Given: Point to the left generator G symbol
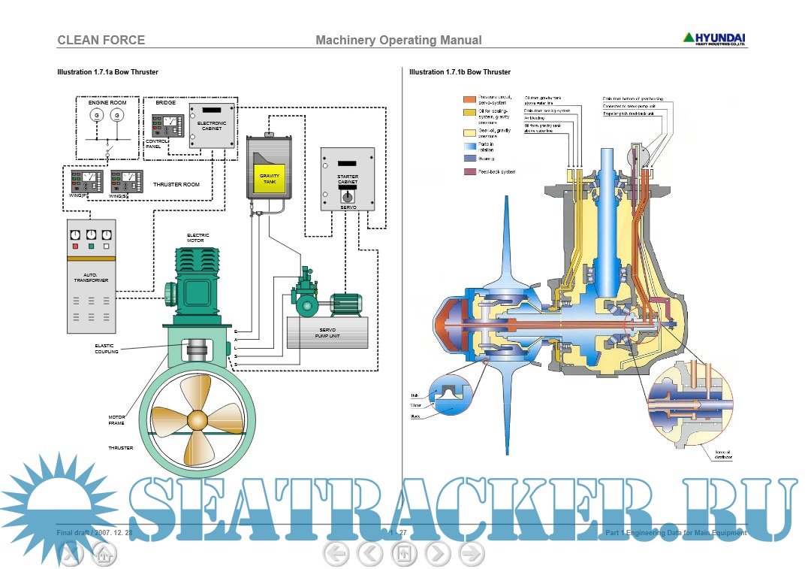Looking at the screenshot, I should (x=96, y=115).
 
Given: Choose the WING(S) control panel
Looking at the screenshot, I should (x=126, y=181).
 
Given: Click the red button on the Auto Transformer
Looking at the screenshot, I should (x=75, y=246).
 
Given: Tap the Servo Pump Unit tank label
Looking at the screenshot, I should (x=327, y=333).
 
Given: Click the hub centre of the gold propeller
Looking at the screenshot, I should (x=197, y=419).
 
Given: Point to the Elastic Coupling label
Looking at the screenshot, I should (x=106, y=349).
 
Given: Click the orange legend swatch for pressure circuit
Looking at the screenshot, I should (x=469, y=99).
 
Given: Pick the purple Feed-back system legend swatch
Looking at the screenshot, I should (x=469, y=172).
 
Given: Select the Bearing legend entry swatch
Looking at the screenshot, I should (x=469, y=159).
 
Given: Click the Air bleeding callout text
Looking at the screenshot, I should (x=535, y=117).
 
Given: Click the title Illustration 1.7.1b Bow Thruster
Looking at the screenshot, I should (x=460, y=72).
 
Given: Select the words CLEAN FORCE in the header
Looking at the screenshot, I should (x=101, y=40).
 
